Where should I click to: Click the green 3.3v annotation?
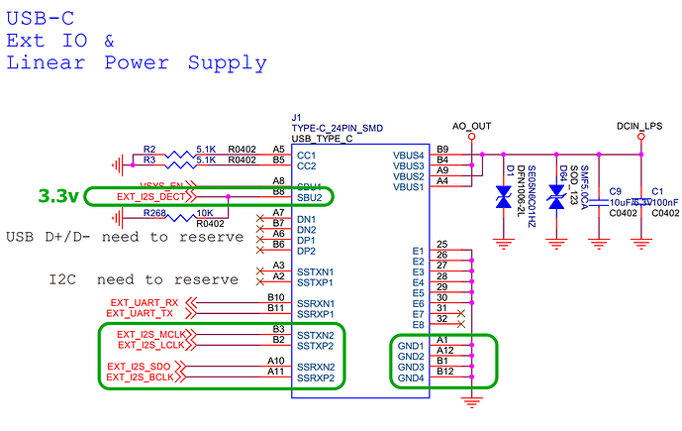(x=58, y=196)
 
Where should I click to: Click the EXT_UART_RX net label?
(x=145, y=302)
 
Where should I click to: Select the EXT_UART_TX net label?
(x=145, y=313)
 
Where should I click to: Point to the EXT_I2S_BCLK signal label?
(x=145, y=377)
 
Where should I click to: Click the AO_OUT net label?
(x=471, y=126)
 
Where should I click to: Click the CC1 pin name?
(x=308, y=155)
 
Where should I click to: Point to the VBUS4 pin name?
(x=410, y=155)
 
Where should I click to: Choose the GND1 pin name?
(x=410, y=346)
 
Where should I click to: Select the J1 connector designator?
(x=296, y=116)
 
